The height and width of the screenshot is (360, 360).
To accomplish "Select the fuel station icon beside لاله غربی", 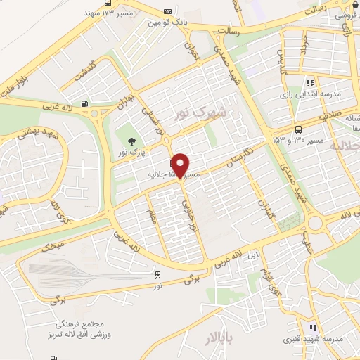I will tap(85, 105).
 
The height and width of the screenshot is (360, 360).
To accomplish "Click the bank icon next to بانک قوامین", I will tap(167, 11).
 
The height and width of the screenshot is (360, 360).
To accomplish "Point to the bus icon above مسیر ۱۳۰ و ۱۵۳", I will tap(299, 129).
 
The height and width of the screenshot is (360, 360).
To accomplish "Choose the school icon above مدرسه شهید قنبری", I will tap(313, 328).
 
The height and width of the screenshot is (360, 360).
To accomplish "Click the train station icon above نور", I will tap(157, 275).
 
